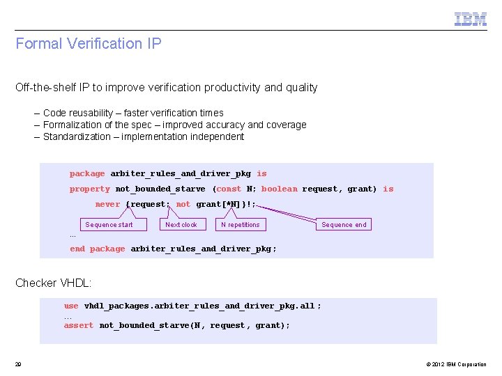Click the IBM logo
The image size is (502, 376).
click(471, 19)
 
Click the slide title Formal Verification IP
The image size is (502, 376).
click(89, 44)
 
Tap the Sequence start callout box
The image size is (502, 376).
click(109, 224)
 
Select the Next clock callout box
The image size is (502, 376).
click(181, 224)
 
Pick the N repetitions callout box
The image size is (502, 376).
click(240, 224)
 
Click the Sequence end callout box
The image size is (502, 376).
click(344, 224)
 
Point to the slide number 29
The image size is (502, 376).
click(18, 364)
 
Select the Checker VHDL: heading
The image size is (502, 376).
click(54, 283)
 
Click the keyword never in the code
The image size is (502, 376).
click(107, 205)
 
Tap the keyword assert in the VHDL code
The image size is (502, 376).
click(78, 325)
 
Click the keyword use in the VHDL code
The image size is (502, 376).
click(71, 306)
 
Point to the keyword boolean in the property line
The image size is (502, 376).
click(279, 189)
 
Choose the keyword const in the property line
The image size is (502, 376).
click(229, 189)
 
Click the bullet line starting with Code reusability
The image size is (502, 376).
click(133, 113)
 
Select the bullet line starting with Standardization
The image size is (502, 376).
click(143, 136)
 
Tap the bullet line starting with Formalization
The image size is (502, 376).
click(174, 125)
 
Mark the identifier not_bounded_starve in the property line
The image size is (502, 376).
click(160, 189)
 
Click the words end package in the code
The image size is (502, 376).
click(97, 249)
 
